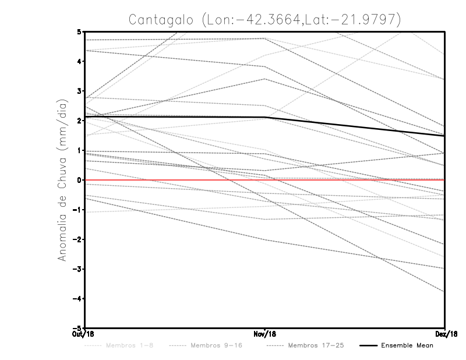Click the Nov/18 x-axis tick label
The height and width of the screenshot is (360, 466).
coord(265,334)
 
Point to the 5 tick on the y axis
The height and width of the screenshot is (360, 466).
coord(79,31)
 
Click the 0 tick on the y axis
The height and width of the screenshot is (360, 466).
coord(79,180)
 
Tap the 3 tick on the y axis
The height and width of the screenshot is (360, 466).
coord(79,91)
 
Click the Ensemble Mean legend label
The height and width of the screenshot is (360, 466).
coord(407,345)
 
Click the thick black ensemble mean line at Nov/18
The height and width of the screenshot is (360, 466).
coord(265,117)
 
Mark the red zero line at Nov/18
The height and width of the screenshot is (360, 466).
coord(265,180)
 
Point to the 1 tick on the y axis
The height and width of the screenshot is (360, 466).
coord(79,150)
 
